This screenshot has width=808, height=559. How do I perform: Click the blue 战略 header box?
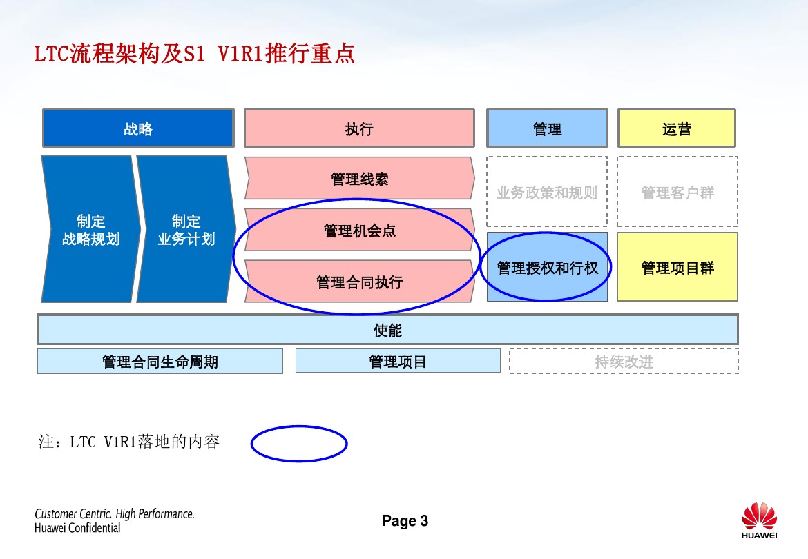click(x=138, y=128)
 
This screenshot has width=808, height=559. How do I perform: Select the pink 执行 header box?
click(x=359, y=128)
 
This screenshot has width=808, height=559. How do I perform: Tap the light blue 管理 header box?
click(x=547, y=128)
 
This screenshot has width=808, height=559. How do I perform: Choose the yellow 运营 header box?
click(x=677, y=128)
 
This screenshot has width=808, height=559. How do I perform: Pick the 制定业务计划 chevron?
click(x=186, y=230)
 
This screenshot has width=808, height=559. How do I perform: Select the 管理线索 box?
click(x=359, y=179)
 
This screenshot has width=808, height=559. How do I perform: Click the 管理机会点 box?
click(x=359, y=231)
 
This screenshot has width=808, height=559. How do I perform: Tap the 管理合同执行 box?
click(x=359, y=282)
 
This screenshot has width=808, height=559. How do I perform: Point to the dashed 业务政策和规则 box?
click(x=547, y=193)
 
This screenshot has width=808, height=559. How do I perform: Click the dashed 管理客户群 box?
click(x=677, y=193)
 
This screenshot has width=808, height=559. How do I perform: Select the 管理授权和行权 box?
click(x=547, y=268)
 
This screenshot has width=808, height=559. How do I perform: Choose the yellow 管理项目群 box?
click(x=677, y=268)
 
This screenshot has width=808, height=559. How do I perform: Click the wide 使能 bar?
click(x=387, y=330)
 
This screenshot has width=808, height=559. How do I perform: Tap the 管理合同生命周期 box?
click(x=160, y=361)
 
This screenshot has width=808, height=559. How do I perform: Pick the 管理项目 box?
click(x=398, y=361)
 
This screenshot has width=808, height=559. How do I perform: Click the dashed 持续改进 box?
click(x=624, y=361)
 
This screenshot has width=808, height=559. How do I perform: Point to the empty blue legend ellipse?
click(x=298, y=444)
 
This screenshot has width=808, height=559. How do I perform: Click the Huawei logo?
click(x=759, y=521)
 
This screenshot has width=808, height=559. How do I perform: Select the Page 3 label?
click(x=405, y=521)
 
